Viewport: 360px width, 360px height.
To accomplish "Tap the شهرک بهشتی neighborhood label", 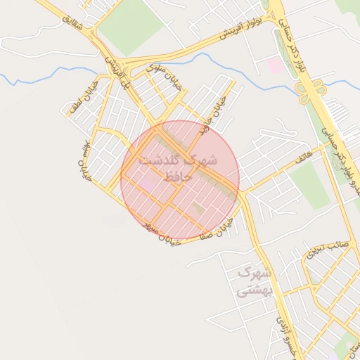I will (253, 282).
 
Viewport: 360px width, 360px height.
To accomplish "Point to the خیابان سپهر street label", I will (162, 235).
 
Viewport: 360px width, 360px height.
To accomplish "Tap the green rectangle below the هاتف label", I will (309, 186).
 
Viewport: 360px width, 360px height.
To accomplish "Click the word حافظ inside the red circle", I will (177, 177).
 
